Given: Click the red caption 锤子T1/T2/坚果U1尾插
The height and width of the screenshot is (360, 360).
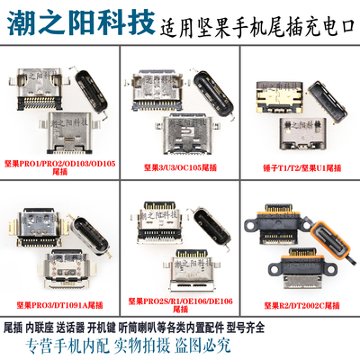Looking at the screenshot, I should click(x=302, y=166).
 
